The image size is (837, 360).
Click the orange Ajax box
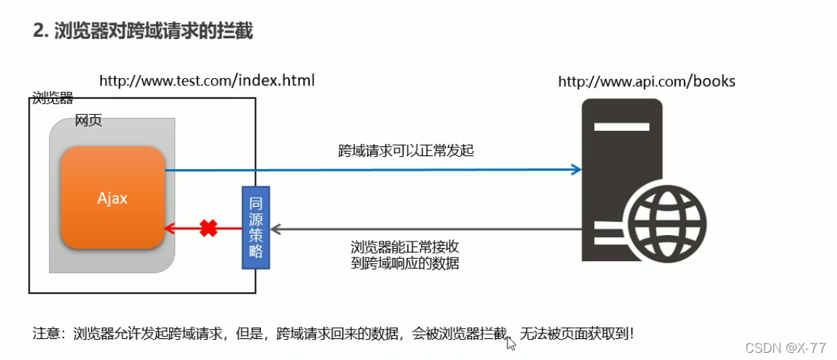tap(113, 197)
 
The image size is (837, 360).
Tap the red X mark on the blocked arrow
tap(208, 228)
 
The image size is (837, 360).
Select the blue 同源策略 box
tap(255, 227)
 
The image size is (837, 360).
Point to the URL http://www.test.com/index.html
tap(207, 80)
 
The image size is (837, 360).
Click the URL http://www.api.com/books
tap(646, 81)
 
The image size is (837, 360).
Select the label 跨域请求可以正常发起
tap(405, 150)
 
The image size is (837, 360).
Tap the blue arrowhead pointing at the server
tap(576, 170)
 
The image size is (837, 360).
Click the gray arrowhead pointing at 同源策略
tap(275, 229)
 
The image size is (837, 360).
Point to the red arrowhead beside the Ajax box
tap(170, 228)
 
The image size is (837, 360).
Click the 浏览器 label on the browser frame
tap(53, 98)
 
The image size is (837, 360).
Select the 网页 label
tap(88, 120)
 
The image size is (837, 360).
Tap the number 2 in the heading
tap(38, 31)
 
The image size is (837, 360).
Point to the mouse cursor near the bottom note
tap(511, 343)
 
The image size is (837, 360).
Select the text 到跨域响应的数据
tap(404, 263)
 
